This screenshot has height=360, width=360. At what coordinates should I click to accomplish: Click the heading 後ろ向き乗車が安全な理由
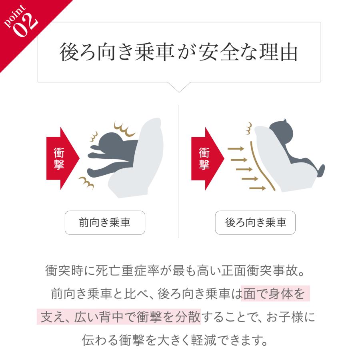(179, 52)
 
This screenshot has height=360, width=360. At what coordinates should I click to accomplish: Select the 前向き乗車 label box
(105, 222)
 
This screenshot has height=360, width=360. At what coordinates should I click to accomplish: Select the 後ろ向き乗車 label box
(255, 222)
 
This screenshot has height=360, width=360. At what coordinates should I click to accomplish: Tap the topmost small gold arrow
(236, 149)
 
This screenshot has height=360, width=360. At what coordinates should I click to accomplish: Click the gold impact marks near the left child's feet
(86, 183)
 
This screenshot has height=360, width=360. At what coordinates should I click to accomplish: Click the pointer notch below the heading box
(179, 87)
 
